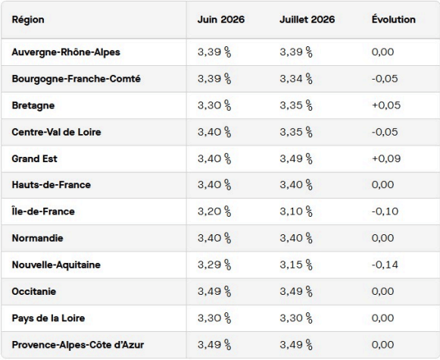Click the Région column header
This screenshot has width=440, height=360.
pyautogui.click(x=28, y=20)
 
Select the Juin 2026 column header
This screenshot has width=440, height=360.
pyautogui.click(x=221, y=20)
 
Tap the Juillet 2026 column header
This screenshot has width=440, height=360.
pyautogui.click(x=307, y=20)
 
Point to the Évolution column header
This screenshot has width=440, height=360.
pyautogui.click(x=393, y=20)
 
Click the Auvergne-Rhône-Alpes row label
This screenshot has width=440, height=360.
pyautogui.click(x=66, y=52)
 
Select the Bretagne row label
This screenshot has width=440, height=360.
pyautogui.click(x=33, y=105)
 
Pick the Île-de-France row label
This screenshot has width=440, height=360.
pyautogui.click(x=43, y=211)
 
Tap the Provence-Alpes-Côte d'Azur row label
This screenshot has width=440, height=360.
pyautogui.click(x=78, y=345)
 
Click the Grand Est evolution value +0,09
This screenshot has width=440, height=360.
pyautogui.click(x=386, y=158)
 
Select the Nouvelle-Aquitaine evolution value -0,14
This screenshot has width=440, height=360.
pyautogui.click(x=385, y=265)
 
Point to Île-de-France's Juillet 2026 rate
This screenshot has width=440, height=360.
pyautogui.click(x=296, y=211)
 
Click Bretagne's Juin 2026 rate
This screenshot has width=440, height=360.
pyautogui.click(x=214, y=105)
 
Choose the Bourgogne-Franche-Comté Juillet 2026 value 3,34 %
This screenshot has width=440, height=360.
pyautogui.click(x=296, y=79)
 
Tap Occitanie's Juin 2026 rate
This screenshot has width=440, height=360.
pyautogui.click(x=214, y=292)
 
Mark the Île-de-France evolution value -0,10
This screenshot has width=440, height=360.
pyautogui.click(x=385, y=211)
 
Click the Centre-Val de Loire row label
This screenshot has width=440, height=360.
pyautogui.click(x=56, y=132)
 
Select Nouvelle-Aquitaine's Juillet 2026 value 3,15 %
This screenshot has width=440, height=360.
pyautogui.click(x=296, y=265)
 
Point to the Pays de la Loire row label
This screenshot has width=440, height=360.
pyautogui.click(x=48, y=318)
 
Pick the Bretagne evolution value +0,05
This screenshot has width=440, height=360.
pyautogui.click(x=386, y=105)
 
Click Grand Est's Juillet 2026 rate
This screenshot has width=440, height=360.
pyautogui.click(x=296, y=158)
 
